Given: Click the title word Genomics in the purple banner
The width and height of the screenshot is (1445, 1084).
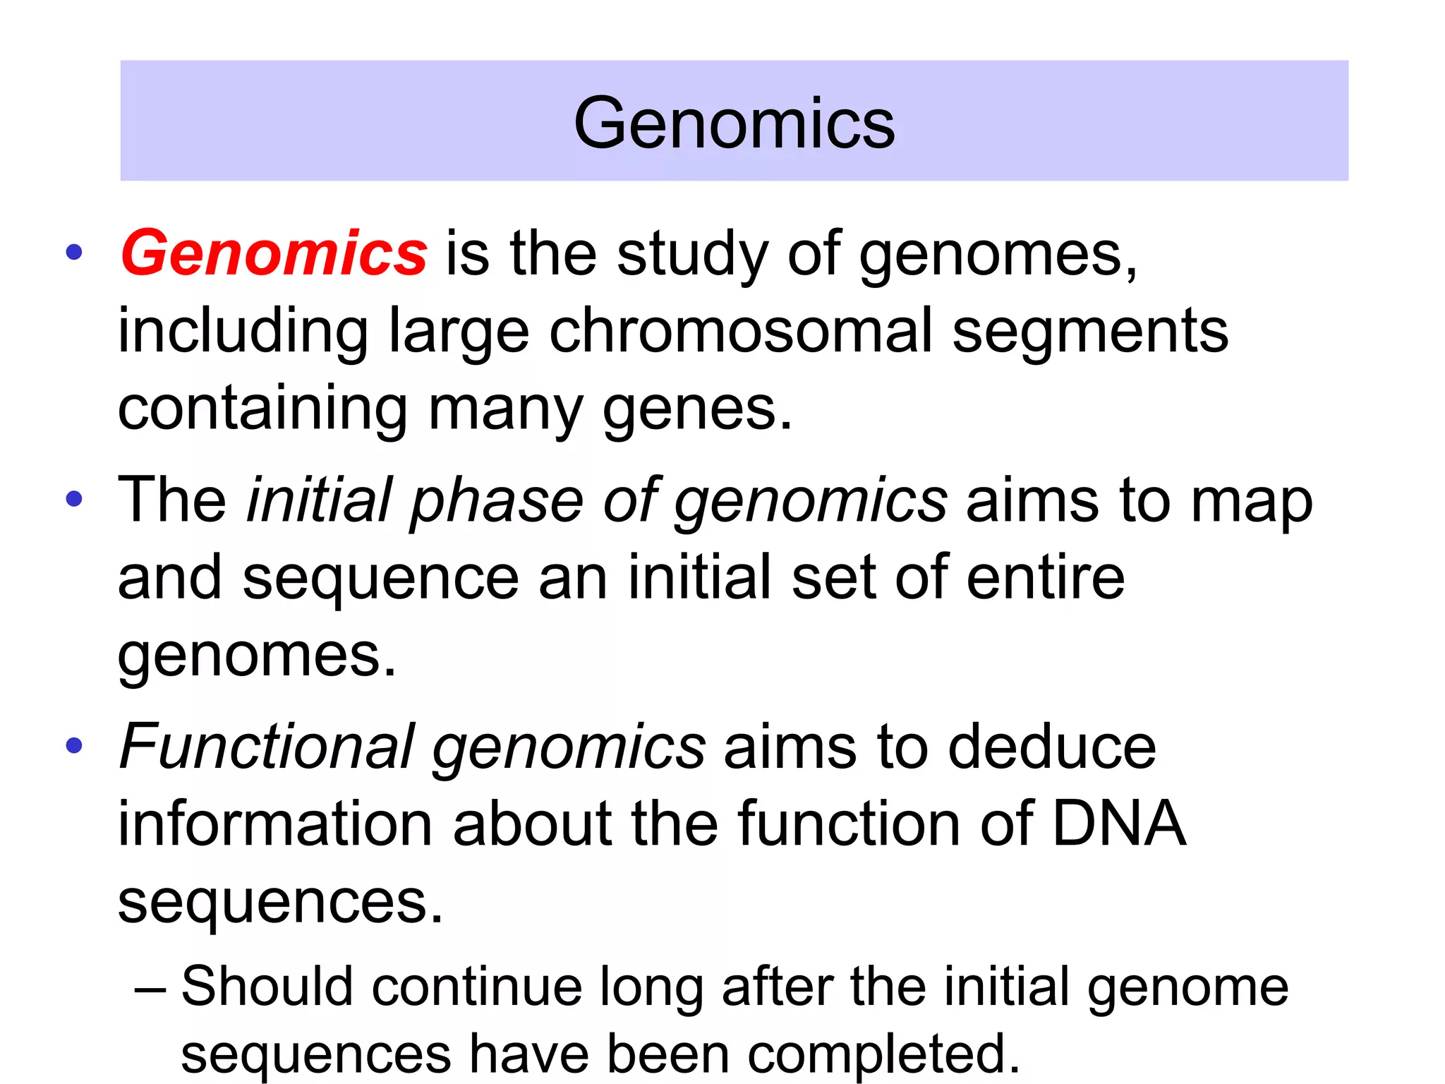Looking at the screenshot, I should (x=734, y=124).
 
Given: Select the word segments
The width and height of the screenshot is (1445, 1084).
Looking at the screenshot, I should (x=1090, y=332).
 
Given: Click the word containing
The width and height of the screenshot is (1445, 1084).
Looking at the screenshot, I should (x=262, y=409).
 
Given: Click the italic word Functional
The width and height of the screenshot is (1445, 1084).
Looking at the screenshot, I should (x=267, y=746).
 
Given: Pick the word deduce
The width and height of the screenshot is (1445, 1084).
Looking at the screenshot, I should (x=1051, y=746).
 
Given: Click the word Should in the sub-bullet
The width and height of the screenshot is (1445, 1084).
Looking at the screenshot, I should (x=267, y=986).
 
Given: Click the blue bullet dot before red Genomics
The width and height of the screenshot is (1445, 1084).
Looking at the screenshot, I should (x=74, y=253).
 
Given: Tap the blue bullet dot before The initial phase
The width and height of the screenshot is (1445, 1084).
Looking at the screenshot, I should (x=74, y=499).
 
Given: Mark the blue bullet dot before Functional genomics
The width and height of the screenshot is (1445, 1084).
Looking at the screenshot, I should (x=74, y=745).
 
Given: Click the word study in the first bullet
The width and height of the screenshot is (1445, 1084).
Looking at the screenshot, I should (x=691, y=254).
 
